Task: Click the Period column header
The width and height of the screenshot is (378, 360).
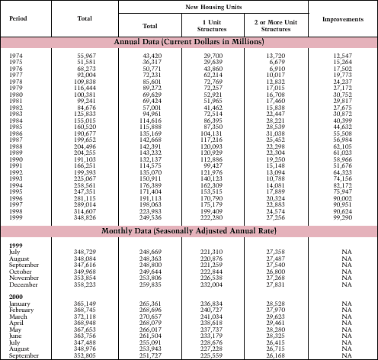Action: pos(18,18)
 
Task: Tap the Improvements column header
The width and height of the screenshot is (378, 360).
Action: pos(341,18)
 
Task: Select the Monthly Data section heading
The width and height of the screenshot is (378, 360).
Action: pos(188,230)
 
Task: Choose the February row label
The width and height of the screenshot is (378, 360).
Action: pos(21,310)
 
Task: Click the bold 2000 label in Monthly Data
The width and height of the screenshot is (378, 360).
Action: pos(16,296)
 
